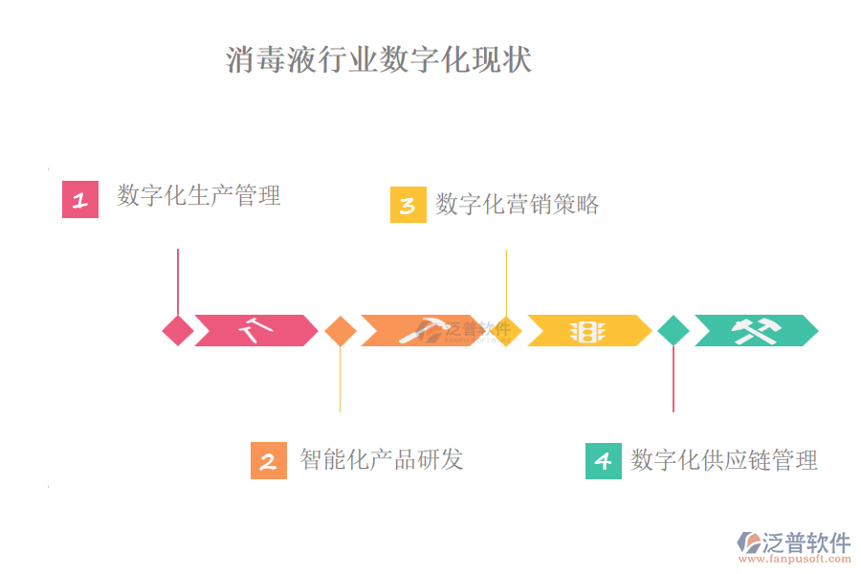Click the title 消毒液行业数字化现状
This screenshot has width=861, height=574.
click(379, 59)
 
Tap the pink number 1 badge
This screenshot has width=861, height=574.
click(80, 199)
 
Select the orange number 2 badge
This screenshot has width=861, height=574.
click(268, 460)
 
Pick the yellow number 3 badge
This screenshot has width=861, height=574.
click(408, 205)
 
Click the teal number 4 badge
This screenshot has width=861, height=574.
click(603, 460)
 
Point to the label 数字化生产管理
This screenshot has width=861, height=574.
click(199, 195)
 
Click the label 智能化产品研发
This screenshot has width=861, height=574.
click(382, 459)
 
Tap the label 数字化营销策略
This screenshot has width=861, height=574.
click(518, 204)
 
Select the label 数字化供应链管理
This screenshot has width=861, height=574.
click(724, 460)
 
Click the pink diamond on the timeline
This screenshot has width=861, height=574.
click(178, 331)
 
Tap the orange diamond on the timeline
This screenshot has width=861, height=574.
click(341, 331)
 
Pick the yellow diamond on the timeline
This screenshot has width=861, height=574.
click(506, 331)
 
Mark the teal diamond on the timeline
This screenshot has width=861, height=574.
click(673, 331)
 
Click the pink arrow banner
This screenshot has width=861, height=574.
click(255, 331)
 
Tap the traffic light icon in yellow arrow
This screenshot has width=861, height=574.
click(587, 331)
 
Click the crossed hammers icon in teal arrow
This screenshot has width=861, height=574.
click(756, 331)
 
